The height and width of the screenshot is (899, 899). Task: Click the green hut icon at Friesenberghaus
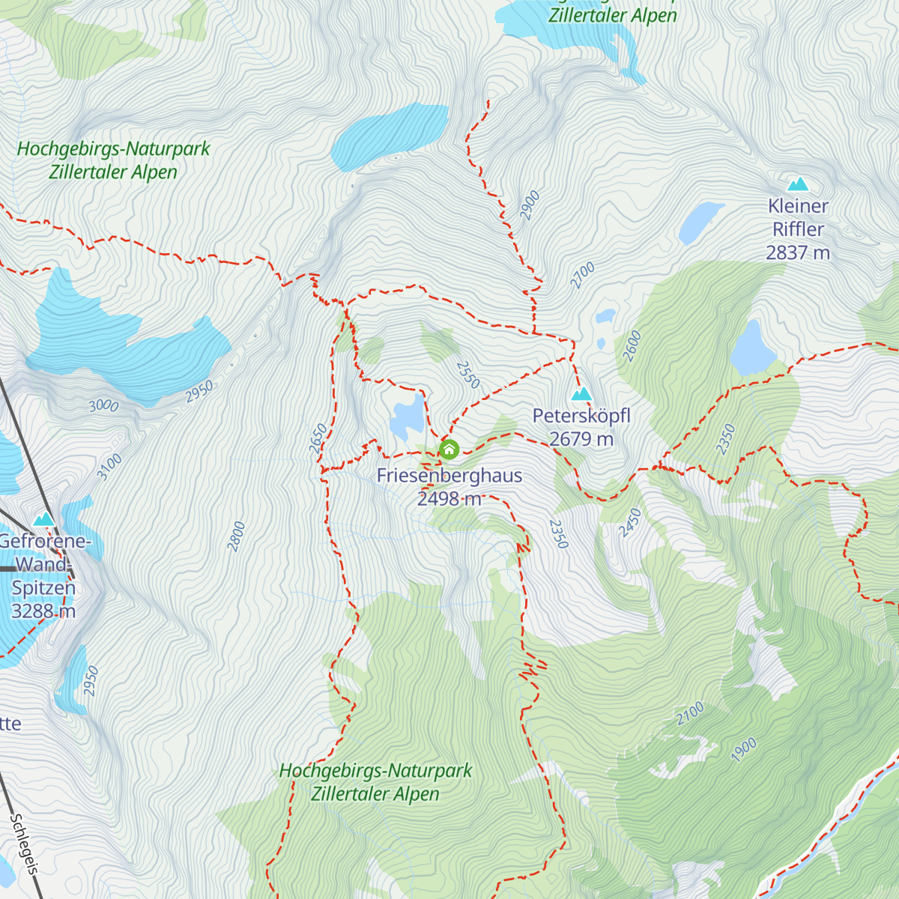(x=449, y=449)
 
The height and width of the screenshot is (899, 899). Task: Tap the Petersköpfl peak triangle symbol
(x=581, y=394)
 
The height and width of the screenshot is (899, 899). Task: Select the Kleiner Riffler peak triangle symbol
(x=798, y=184)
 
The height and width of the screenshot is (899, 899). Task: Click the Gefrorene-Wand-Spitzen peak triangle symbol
(x=44, y=518)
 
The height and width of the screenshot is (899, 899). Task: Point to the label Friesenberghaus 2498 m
(x=449, y=487)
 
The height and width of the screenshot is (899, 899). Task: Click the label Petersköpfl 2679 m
(x=581, y=427)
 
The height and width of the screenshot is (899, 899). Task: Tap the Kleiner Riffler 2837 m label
(x=798, y=229)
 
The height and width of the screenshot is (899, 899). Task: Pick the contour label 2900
(x=530, y=205)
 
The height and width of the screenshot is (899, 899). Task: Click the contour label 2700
(x=582, y=275)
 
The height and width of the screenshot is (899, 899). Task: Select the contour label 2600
(x=632, y=345)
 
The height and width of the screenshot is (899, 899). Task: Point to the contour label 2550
(x=467, y=375)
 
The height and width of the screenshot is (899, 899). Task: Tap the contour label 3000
(x=103, y=405)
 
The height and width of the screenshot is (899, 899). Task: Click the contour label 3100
(x=109, y=467)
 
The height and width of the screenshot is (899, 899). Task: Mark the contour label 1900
(x=744, y=750)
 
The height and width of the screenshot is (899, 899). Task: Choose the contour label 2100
(x=690, y=712)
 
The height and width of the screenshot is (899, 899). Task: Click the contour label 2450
(x=630, y=522)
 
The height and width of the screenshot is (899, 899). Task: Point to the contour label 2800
(x=237, y=536)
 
